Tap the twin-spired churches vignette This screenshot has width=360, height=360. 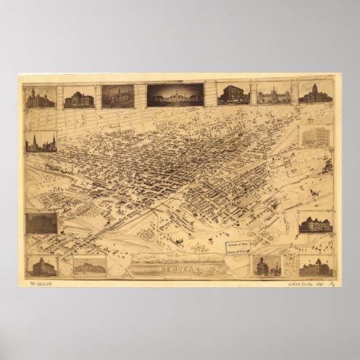point(40,141)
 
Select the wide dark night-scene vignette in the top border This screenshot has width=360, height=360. point(175,95)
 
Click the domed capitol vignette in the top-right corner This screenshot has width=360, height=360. point(315,94)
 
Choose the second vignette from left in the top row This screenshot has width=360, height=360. point(79,96)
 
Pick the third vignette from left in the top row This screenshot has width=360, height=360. point(118,96)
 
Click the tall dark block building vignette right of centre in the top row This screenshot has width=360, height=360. point(233,94)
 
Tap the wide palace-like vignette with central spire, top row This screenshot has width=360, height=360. point(274,94)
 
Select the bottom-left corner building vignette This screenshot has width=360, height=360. point(41,265)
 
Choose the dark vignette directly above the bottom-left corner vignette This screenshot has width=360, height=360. point(41,223)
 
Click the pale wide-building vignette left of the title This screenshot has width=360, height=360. point(90,265)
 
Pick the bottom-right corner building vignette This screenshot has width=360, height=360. point(315,265)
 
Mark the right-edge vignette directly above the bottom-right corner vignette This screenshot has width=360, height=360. point(315,222)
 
